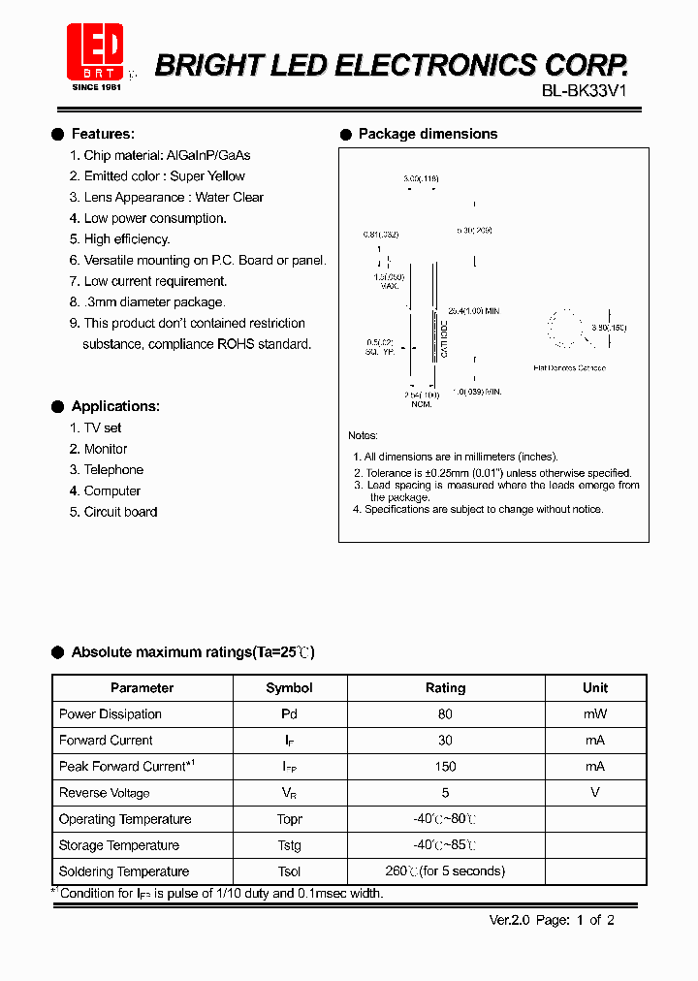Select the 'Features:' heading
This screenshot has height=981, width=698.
pyautogui.click(x=103, y=134)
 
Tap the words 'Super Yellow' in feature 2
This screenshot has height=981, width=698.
pyautogui.click(x=207, y=176)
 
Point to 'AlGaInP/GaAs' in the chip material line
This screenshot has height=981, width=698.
pyautogui.click(x=208, y=155)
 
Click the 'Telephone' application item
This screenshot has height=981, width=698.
pyautogui.click(x=113, y=470)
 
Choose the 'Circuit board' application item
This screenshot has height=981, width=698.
pyautogui.click(x=120, y=512)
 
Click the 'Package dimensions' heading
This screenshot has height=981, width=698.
pyautogui.click(x=428, y=134)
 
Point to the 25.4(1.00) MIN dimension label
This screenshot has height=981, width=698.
pyautogui.click(x=473, y=311)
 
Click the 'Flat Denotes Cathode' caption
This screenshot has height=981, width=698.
pyautogui.click(x=570, y=368)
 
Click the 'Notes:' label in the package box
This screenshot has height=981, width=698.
pyautogui.click(x=363, y=436)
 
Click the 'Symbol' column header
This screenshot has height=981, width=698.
pyautogui.click(x=289, y=688)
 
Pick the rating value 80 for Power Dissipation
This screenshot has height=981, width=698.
pyautogui.click(x=445, y=714)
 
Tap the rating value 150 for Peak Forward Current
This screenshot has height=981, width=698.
pyautogui.click(x=445, y=767)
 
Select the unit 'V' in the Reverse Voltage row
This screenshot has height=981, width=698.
pyautogui.click(x=595, y=792)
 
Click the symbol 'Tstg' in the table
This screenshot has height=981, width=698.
pyautogui.click(x=289, y=845)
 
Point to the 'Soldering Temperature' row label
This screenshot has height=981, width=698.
pyautogui.click(x=124, y=871)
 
